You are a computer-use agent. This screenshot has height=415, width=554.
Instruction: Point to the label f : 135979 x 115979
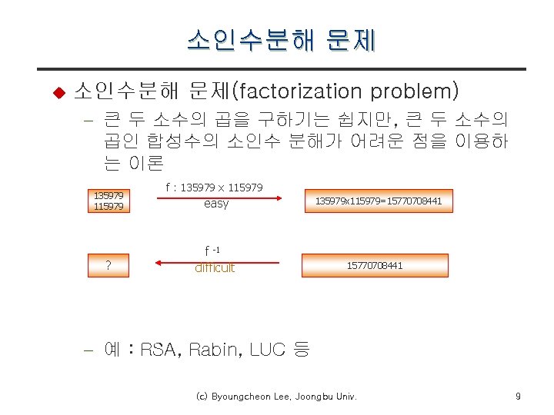215,188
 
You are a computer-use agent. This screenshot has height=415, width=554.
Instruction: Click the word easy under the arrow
216,204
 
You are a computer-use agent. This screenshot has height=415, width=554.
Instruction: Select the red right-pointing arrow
219,198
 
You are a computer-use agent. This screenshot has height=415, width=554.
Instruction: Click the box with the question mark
108,266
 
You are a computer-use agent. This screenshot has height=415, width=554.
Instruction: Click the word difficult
215,268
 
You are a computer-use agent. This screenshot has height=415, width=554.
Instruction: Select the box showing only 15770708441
375,265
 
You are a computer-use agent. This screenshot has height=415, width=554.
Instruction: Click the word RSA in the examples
159,350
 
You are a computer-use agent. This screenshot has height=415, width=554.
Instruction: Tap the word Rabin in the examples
215,350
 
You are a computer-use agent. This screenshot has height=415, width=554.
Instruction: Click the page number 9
518,397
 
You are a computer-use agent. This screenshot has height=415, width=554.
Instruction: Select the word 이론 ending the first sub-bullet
145,163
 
